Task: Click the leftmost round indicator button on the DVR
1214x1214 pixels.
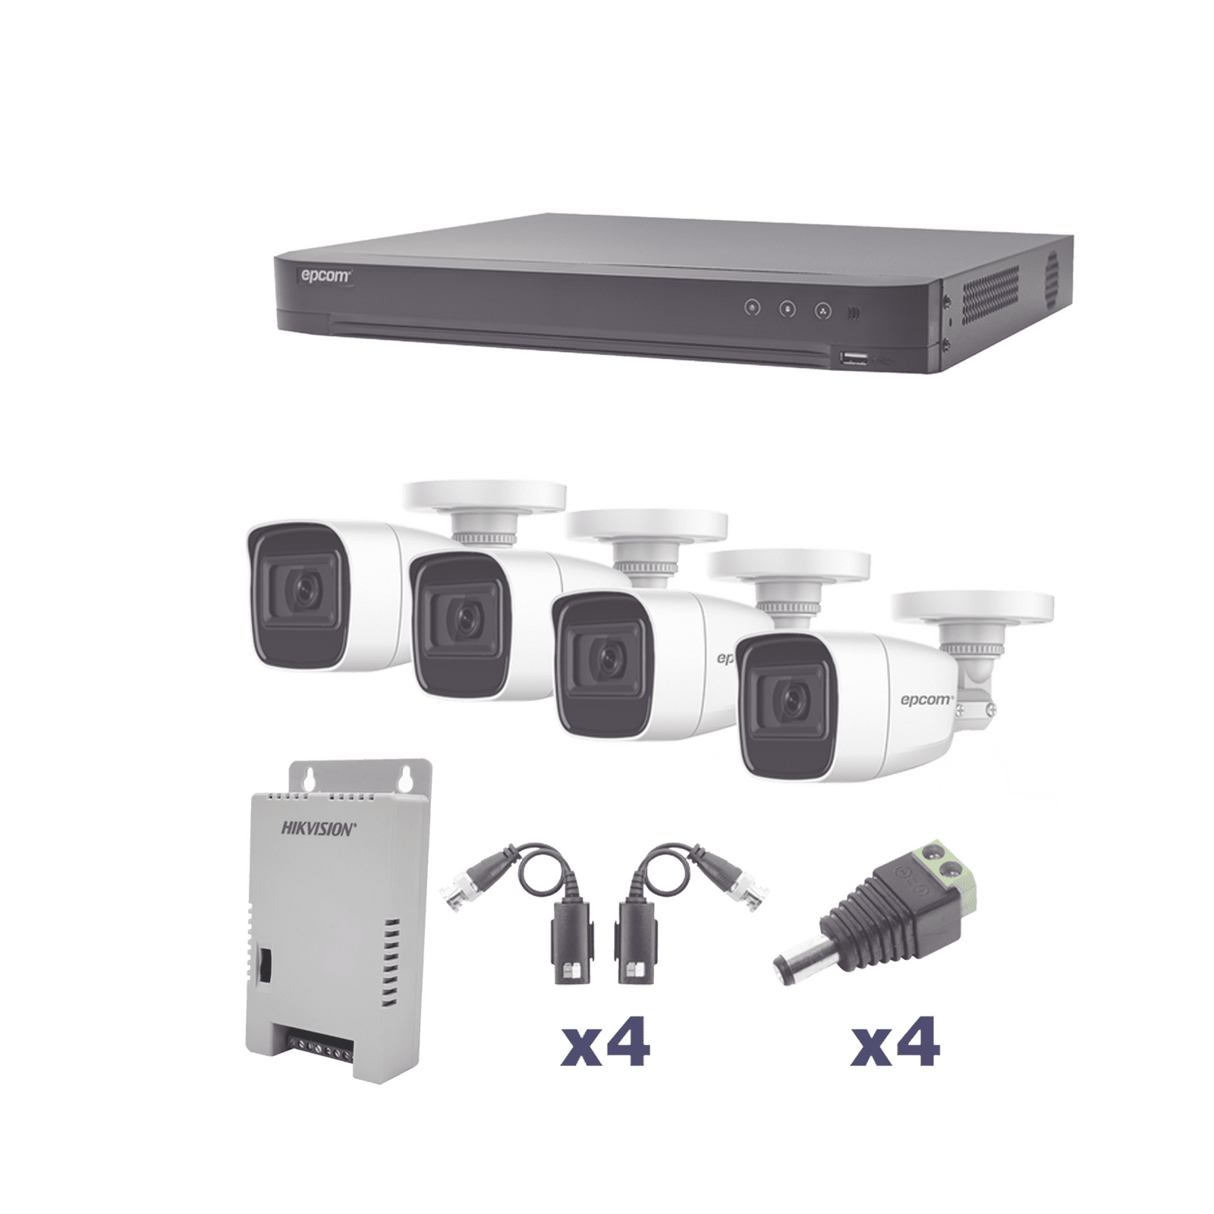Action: (x=752, y=308)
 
